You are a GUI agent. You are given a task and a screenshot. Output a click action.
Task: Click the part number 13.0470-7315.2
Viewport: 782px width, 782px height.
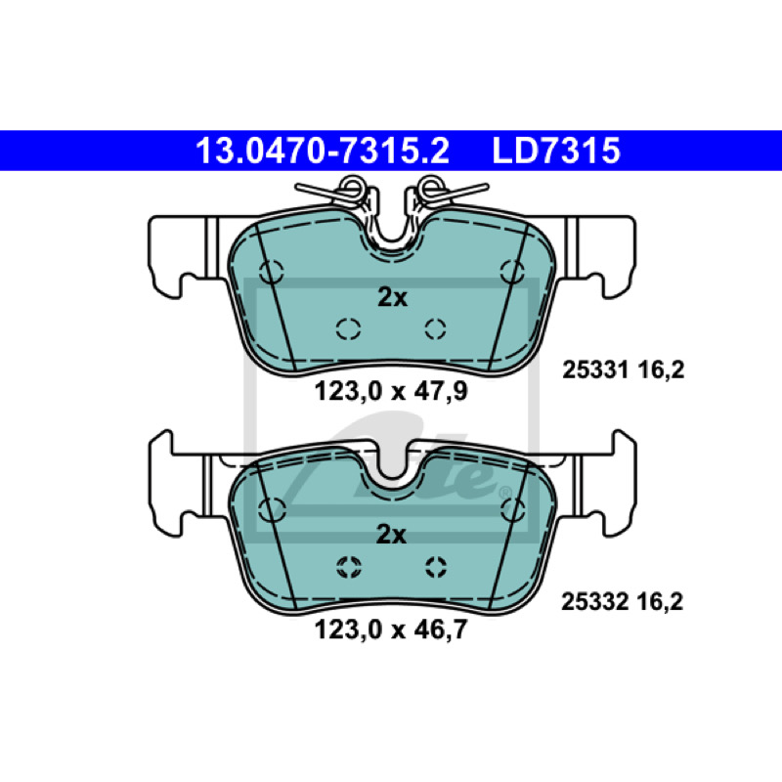(x=323, y=151)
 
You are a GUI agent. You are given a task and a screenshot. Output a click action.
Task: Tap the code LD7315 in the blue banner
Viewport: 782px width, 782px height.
(x=556, y=151)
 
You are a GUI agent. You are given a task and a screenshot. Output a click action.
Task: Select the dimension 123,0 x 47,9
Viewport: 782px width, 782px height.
(x=391, y=392)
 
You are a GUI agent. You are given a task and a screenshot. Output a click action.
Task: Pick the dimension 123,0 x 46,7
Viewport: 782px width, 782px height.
(x=391, y=630)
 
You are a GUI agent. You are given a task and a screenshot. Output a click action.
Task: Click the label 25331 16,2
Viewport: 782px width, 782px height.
(x=624, y=370)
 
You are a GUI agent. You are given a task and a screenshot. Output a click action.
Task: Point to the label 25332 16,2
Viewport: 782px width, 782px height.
(x=622, y=601)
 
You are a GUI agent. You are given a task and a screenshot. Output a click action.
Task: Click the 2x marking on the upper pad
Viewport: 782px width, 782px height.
(x=393, y=298)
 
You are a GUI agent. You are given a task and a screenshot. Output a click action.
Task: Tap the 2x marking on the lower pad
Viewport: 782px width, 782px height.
(x=391, y=535)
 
